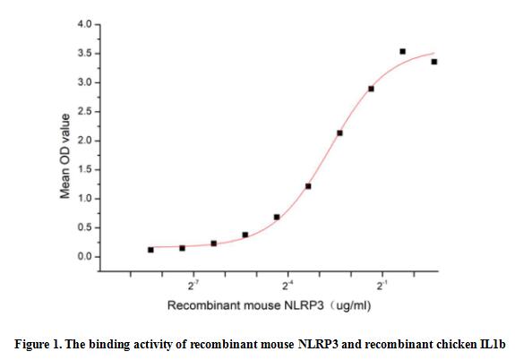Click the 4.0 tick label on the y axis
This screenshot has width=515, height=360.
83,25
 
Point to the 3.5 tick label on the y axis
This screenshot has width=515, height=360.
83,54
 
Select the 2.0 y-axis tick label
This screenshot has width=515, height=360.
83,141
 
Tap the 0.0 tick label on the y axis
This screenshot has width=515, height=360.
83,257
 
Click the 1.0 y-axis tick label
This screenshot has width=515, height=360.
83,199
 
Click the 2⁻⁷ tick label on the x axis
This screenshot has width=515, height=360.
193,286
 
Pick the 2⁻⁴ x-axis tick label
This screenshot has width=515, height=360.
288,286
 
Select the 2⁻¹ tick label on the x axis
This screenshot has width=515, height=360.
382,286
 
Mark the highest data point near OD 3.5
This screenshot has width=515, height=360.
402,52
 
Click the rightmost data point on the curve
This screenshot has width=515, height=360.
434,62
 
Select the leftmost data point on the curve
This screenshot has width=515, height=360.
150,250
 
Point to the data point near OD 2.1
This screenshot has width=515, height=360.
339,133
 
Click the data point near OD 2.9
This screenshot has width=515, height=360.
371,89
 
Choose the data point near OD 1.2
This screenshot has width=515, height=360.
308,186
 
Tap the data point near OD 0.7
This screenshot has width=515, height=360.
277,217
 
